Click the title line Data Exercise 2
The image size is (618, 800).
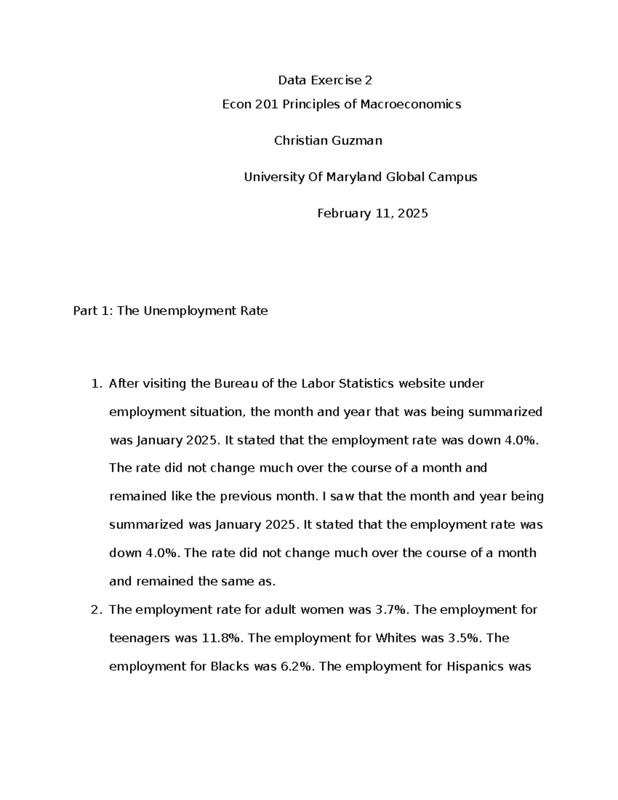[x=324, y=80]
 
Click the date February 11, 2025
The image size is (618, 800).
[x=372, y=213]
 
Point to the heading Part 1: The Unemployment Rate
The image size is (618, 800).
[x=170, y=311]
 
